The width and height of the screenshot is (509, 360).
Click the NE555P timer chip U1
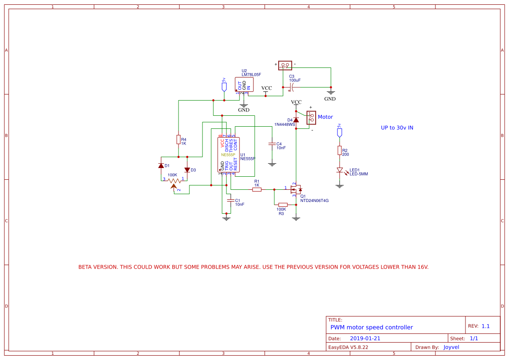pyautogui.click(x=229, y=155)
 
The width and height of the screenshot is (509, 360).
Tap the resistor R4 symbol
pyautogui.click(x=179, y=139)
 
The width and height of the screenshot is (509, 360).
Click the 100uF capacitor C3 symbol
pyautogui.click(x=292, y=87)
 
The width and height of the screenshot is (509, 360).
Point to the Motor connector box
pyautogui.click(x=311, y=117)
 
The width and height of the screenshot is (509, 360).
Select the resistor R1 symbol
pyautogui.click(x=257, y=189)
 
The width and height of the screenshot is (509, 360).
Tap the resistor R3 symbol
pyautogui.click(x=283, y=205)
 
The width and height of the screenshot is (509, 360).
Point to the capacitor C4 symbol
pyautogui.click(x=272, y=144)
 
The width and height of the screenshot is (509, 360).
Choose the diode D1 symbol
pyautogui.click(x=161, y=166)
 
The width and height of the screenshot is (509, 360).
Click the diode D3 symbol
pyautogui.click(x=187, y=170)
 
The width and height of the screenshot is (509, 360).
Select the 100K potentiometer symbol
pyautogui.click(x=174, y=181)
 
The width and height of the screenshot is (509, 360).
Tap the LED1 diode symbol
pyautogui.click(x=340, y=170)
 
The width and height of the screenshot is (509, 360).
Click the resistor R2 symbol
pyautogui.click(x=340, y=150)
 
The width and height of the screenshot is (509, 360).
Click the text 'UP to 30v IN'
pyautogui.click(x=397, y=128)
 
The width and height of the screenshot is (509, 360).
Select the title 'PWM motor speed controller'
pyautogui.click(x=371, y=327)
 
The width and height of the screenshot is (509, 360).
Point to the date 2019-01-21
pyautogui.click(x=365, y=338)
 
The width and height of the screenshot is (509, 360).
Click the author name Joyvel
pyautogui.click(x=451, y=347)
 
